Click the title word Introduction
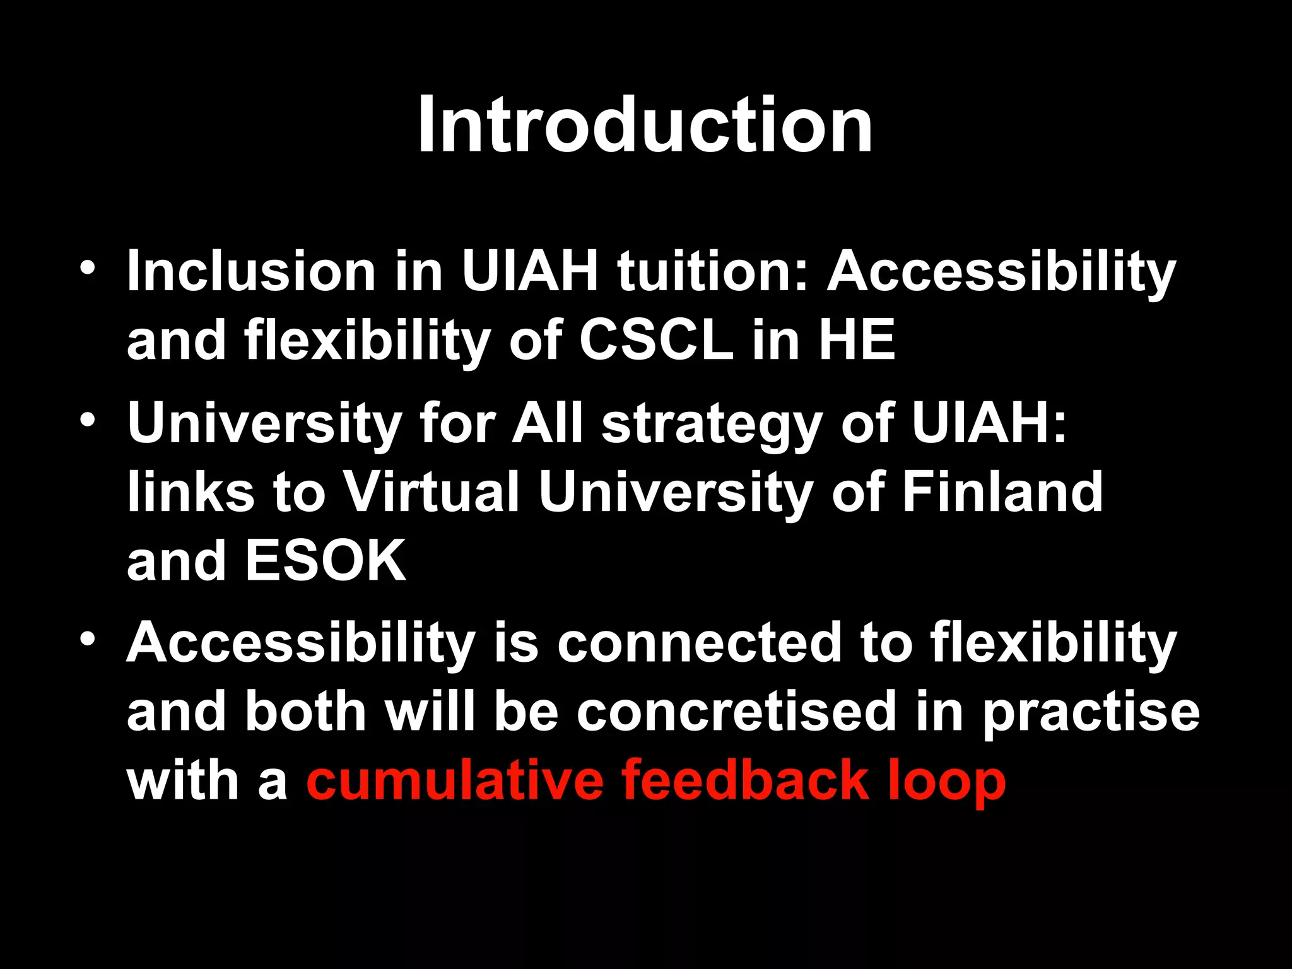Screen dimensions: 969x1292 point(645,124)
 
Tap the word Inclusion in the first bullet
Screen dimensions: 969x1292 point(251,271)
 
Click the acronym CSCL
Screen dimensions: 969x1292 point(656,341)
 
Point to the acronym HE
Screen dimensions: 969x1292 point(857,341)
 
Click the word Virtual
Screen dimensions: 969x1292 point(432,492)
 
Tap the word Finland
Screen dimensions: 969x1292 point(1002,492)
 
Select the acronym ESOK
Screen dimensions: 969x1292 point(326,561)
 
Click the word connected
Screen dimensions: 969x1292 point(699,643)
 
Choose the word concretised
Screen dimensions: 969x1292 point(736,712)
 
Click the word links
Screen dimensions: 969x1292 point(191,492)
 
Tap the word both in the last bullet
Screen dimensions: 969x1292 point(306,712)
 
